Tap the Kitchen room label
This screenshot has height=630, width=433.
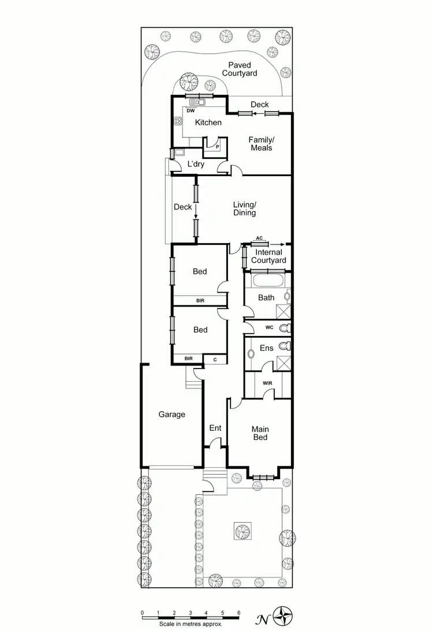(208, 122)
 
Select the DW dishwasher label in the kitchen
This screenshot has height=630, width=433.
(191, 110)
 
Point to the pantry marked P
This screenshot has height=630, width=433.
(217, 147)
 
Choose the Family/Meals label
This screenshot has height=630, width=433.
(261, 144)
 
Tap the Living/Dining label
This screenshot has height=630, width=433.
(244, 208)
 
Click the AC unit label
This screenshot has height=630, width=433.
(259, 238)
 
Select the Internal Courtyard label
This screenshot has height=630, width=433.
(269, 256)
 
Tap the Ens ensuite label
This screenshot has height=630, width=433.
(266, 348)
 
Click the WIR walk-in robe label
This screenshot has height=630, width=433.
(267, 383)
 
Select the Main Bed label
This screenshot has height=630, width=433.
(260, 433)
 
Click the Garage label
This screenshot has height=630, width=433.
(172, 414)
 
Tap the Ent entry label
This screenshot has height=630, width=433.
(215, 428)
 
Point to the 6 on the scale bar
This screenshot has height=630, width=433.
(238, 612)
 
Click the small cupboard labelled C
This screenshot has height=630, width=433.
(215, 359)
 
